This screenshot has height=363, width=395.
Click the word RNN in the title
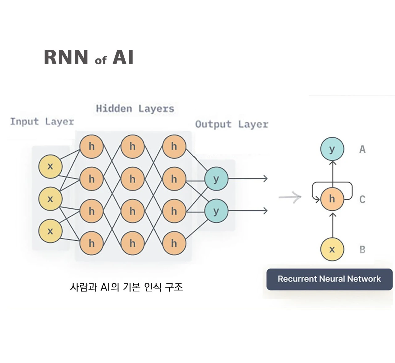pos(66,57)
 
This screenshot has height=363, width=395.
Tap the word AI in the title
pos(123,57)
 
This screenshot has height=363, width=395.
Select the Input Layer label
pos(42,121)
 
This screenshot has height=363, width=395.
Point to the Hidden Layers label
pos(135,109)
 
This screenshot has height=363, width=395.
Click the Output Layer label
pos(231,124)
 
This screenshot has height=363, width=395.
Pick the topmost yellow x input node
pos(50,167)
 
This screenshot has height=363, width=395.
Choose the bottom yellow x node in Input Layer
pos(50,231)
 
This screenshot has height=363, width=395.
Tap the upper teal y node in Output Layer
pos(216,179)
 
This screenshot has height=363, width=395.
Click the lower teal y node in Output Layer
pos(216,211)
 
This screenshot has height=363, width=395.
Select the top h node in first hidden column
pos(91,146)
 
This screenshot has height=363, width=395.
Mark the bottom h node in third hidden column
pos(174,243)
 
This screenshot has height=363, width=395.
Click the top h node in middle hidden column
pos(133,146)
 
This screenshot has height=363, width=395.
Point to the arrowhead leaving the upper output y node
pos(265,178)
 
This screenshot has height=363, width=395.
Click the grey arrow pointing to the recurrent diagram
pos(290,197)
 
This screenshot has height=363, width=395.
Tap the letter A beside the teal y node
pos(362,149)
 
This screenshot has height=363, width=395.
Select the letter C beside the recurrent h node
pos(362,199)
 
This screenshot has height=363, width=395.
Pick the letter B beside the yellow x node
pos(362,249)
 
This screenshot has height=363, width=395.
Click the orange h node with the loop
pos(332,199)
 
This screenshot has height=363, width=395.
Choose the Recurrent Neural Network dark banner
pos(329,279)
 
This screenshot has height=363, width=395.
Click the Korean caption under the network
pos(126,287)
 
